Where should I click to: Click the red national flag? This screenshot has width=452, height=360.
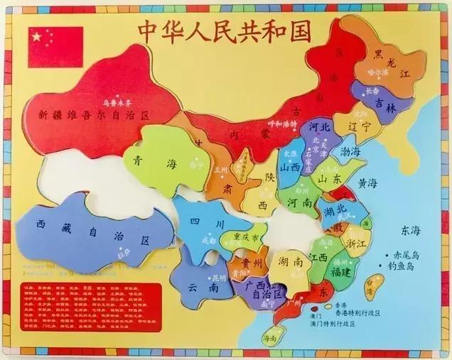(x=55, y=47)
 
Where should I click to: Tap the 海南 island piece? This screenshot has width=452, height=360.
(x=271, y=339)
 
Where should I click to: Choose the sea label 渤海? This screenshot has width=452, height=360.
(x=350, y=151)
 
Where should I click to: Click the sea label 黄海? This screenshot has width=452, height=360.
(x=368, y=183)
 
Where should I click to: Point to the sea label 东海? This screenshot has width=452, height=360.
(x=411, y=230)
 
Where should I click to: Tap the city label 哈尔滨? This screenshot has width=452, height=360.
(x=378, y=72)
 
